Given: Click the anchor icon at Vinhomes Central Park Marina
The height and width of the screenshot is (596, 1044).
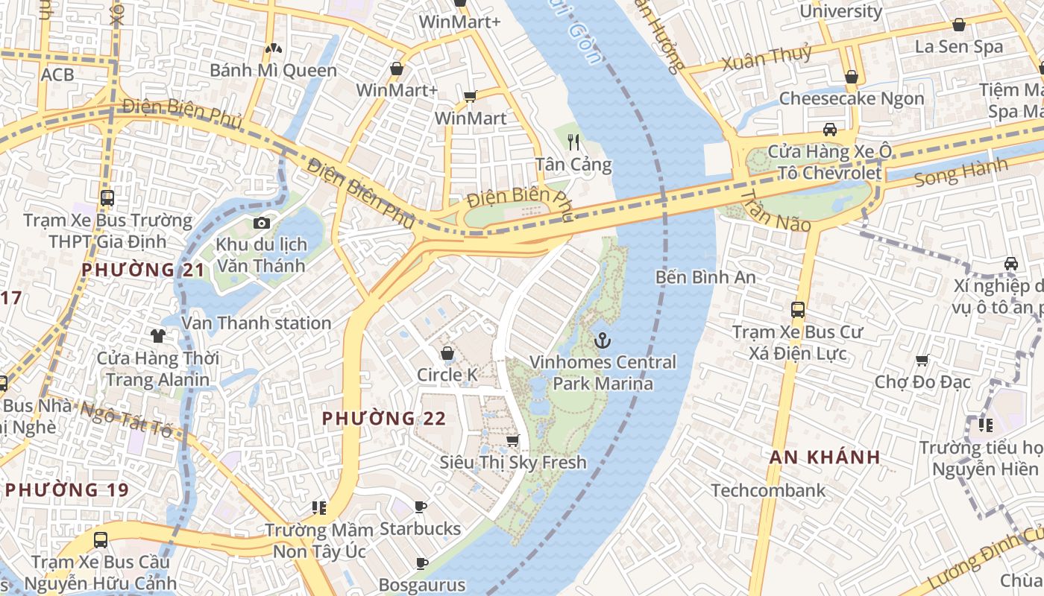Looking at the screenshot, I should [602, 341].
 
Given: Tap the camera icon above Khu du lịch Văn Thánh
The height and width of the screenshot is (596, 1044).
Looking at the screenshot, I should [261, 223].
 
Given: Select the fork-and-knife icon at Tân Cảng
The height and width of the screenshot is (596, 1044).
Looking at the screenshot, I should [573, 142].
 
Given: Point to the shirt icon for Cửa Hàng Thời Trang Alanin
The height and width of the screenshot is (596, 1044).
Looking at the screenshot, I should [158, 336].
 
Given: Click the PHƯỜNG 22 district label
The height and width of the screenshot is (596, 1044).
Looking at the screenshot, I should [384, 419].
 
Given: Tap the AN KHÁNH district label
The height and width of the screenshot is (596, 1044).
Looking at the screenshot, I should [825, 457].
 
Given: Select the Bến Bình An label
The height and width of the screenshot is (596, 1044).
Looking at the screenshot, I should [705, 277].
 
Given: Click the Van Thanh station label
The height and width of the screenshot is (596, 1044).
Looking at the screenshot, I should [257, 323].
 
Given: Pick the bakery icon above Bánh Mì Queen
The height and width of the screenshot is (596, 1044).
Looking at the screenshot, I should [273, 49].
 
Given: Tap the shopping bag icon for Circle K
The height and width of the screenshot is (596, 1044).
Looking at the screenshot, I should [447, 353].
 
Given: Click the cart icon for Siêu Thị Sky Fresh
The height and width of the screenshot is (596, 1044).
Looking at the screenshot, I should [512, 440].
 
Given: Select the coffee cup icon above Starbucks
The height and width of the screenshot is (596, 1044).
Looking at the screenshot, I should [421, 507].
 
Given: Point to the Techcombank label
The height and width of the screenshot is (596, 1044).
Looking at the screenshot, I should [768, 490].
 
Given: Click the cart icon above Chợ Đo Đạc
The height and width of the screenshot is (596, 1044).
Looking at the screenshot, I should [922, 361].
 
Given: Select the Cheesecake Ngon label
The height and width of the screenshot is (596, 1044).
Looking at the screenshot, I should [852, 98].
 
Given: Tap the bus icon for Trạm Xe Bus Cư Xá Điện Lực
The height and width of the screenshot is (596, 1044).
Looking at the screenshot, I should [797, 309].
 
